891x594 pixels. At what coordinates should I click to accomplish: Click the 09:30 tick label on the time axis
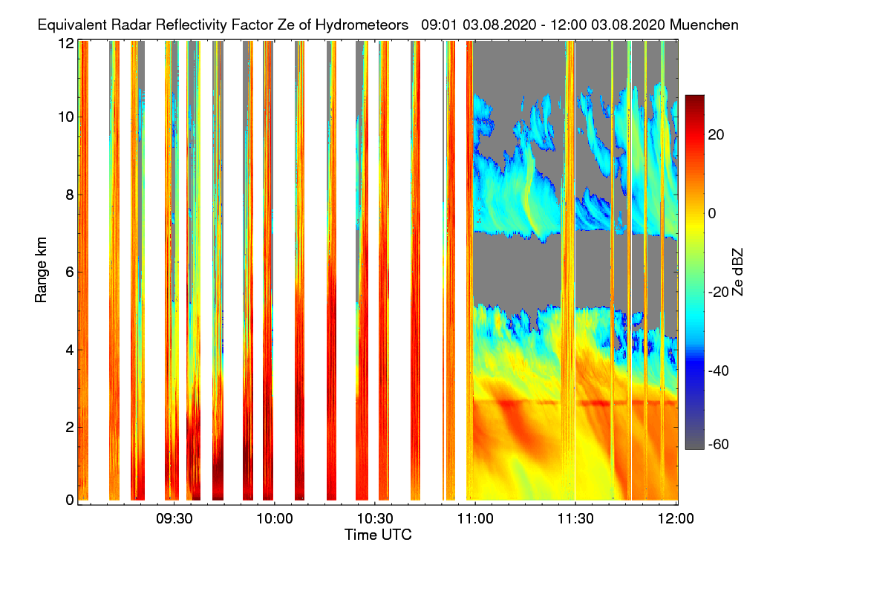coord(174,519)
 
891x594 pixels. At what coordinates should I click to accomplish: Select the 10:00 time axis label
coord(275,519)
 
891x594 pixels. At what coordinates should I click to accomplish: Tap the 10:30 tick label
coord(375,519)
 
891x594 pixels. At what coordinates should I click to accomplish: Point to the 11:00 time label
coord(475,519)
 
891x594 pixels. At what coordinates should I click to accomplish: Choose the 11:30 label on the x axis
coord(575,519)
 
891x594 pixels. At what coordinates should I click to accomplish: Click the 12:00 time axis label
coord(676,519)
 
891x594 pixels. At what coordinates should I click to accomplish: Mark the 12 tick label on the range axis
coord(66,43)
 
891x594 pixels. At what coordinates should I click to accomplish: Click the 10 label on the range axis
coord(66,117)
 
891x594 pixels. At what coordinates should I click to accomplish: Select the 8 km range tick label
coord(70,195)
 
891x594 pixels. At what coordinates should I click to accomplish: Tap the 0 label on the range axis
coord(70,500)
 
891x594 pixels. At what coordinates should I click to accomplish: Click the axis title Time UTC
coord(378,535)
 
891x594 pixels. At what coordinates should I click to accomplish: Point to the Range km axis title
coord(41,270)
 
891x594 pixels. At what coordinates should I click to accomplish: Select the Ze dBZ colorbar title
coord(737,272)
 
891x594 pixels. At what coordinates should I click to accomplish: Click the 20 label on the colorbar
coord(716,135)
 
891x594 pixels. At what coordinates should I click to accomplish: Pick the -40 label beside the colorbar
coord(719,371)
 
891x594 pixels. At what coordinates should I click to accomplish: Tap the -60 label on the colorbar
coord(719,444)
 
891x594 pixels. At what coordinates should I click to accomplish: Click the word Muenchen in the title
coord(704,25)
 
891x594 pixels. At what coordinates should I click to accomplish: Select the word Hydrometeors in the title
coord(362,25)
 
